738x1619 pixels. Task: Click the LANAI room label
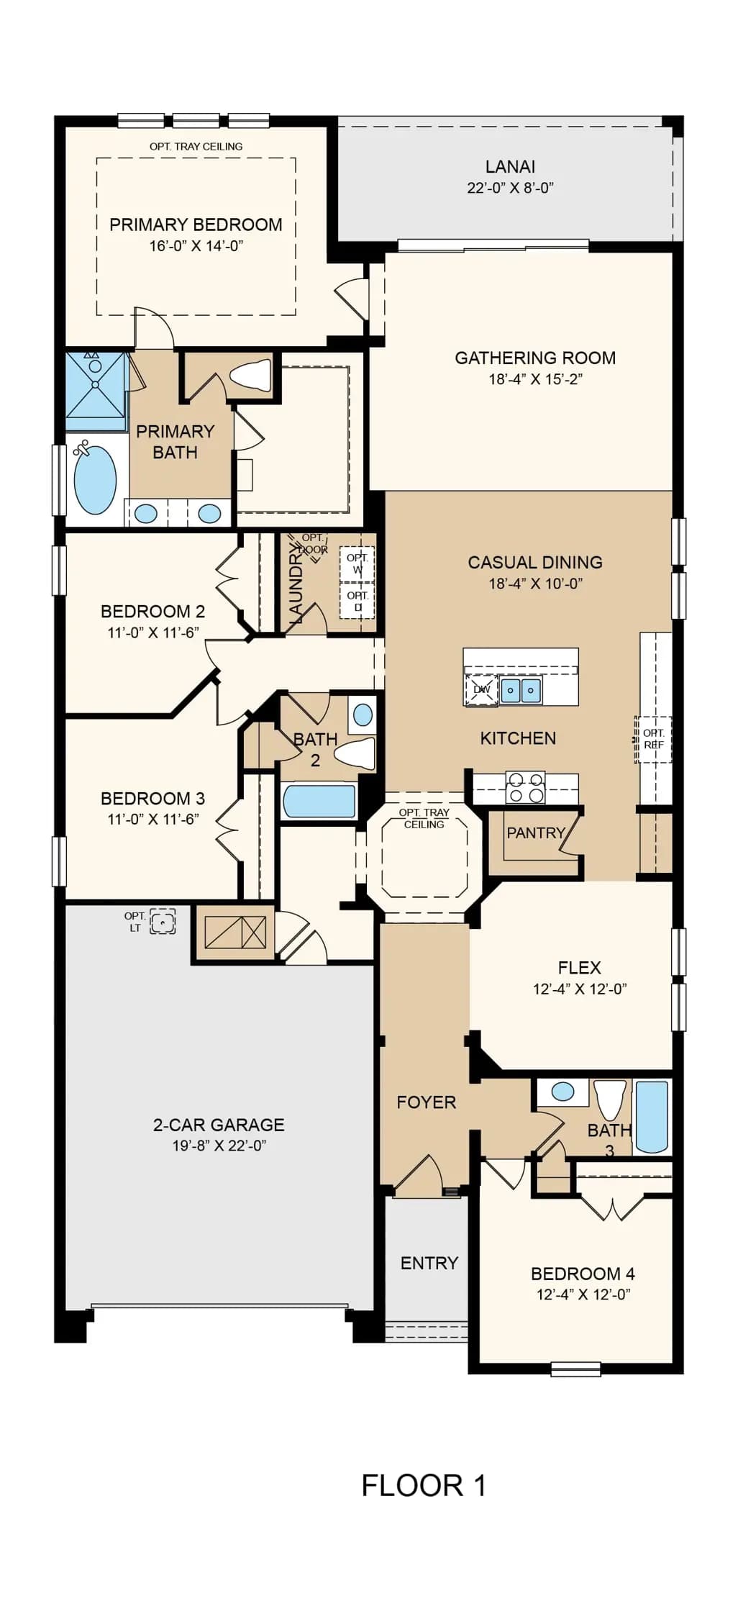tap(510, 166)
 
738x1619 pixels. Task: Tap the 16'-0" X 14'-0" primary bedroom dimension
tap(196, 246)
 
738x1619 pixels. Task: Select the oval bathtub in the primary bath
tap(95, 481)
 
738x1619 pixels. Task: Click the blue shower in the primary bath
tap(96, 391)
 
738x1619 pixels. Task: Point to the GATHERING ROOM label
tap(535, 358)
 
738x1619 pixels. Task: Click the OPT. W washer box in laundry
tap(357, 563)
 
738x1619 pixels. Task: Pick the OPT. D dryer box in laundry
tap(357, 600)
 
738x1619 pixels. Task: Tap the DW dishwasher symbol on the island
tap(481, 689)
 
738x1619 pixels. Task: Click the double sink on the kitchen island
tap(521, 690)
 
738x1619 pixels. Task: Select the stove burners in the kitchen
tap(525, 787)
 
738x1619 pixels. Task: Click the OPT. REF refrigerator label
tap(654, 739)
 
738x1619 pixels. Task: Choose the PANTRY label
tap(535, 833)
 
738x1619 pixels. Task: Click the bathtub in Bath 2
tap(319, 801)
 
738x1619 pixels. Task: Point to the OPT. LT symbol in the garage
tap(163, 921)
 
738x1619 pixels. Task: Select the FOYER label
tap(426, 1102)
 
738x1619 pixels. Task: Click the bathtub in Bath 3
tap(652, 1117)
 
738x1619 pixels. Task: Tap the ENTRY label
tap(429, 1263)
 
